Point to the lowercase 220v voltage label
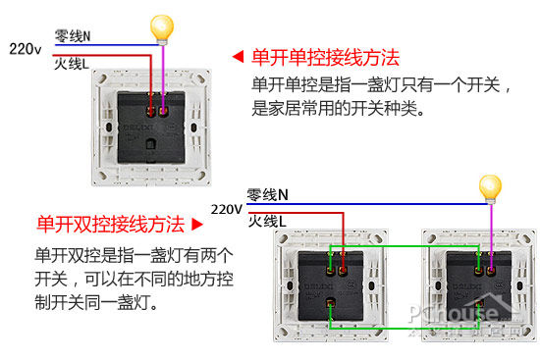(x=25, y=47)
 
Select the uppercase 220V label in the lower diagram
(x=226, y=209)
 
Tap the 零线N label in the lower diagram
(x=267, y=194)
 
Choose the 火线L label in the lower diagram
(x=267, y=223)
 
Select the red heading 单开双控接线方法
(x=110, y=224)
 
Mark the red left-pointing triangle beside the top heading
(x=237, y=57)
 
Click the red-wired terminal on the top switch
(x=150, y=108)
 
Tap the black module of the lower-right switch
(x=481, y=283)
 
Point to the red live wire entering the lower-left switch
(x=343, y=235)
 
